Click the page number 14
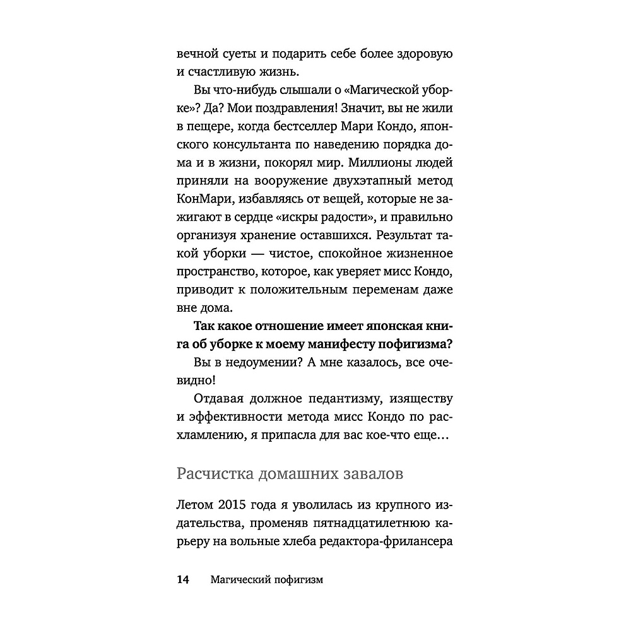tap(182, 580)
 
